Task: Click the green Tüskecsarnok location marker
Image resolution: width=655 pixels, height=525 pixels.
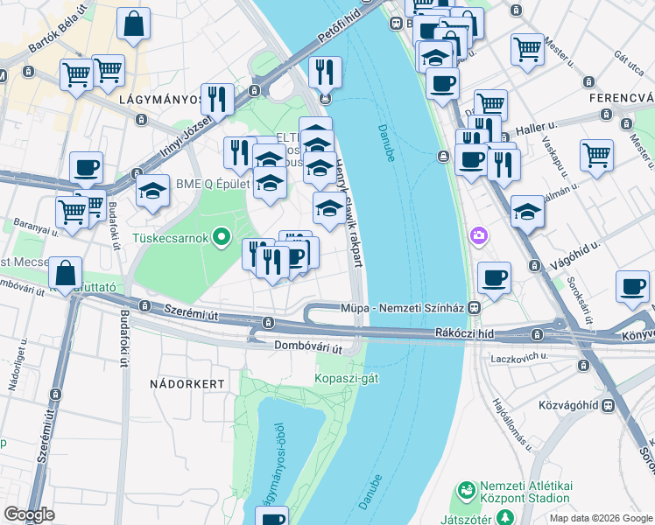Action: (222, 236)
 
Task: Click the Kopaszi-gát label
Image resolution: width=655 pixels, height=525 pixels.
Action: (347, 377)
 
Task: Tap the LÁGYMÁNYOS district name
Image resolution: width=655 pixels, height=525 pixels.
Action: (159, 100)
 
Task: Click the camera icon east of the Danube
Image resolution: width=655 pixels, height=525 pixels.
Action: (478, 234)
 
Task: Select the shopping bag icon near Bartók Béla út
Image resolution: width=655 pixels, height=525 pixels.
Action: (133, 25)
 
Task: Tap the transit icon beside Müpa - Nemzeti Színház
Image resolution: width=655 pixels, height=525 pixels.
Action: (474, 308)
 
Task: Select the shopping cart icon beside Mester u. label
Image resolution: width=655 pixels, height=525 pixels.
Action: (528, 49)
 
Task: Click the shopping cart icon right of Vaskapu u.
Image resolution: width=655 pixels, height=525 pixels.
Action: (596, 155)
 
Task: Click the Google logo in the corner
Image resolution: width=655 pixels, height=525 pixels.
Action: (29, 514)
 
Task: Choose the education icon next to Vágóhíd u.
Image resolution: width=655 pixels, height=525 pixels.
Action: (527, 212)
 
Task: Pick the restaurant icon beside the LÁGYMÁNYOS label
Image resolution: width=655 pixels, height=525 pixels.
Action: (216, 97)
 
